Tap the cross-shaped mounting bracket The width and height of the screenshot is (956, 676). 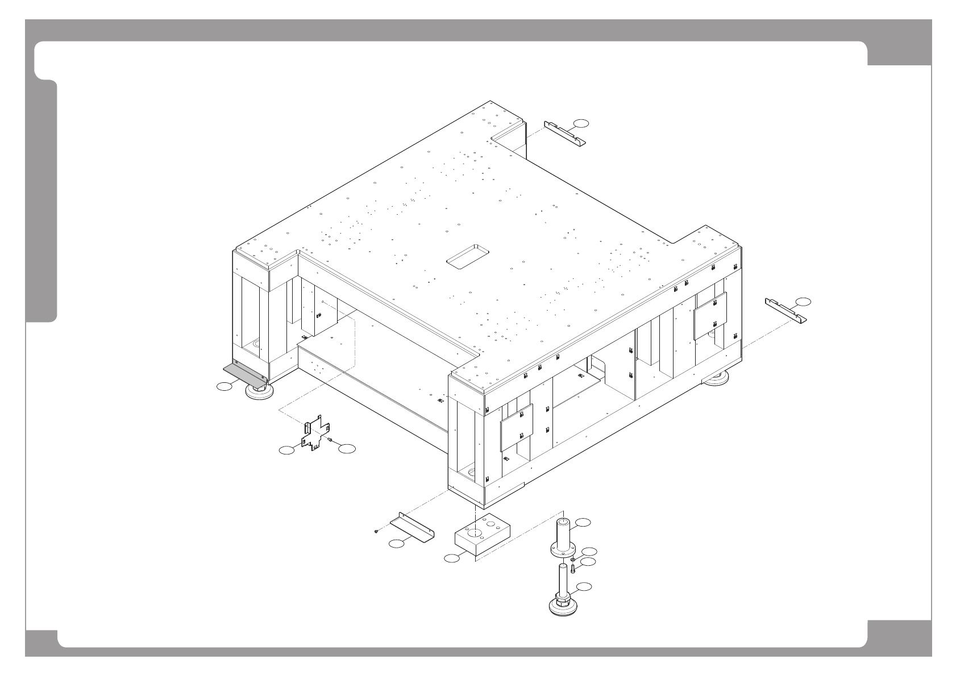click(314, 435)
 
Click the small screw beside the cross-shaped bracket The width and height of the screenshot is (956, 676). click(330, 440)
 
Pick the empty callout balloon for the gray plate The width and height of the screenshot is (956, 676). click(225, 387)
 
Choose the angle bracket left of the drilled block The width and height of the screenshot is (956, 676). click(413, 527)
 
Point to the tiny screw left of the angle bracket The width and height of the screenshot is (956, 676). click(377, 531)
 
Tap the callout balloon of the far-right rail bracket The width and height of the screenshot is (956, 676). click(803, 301)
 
